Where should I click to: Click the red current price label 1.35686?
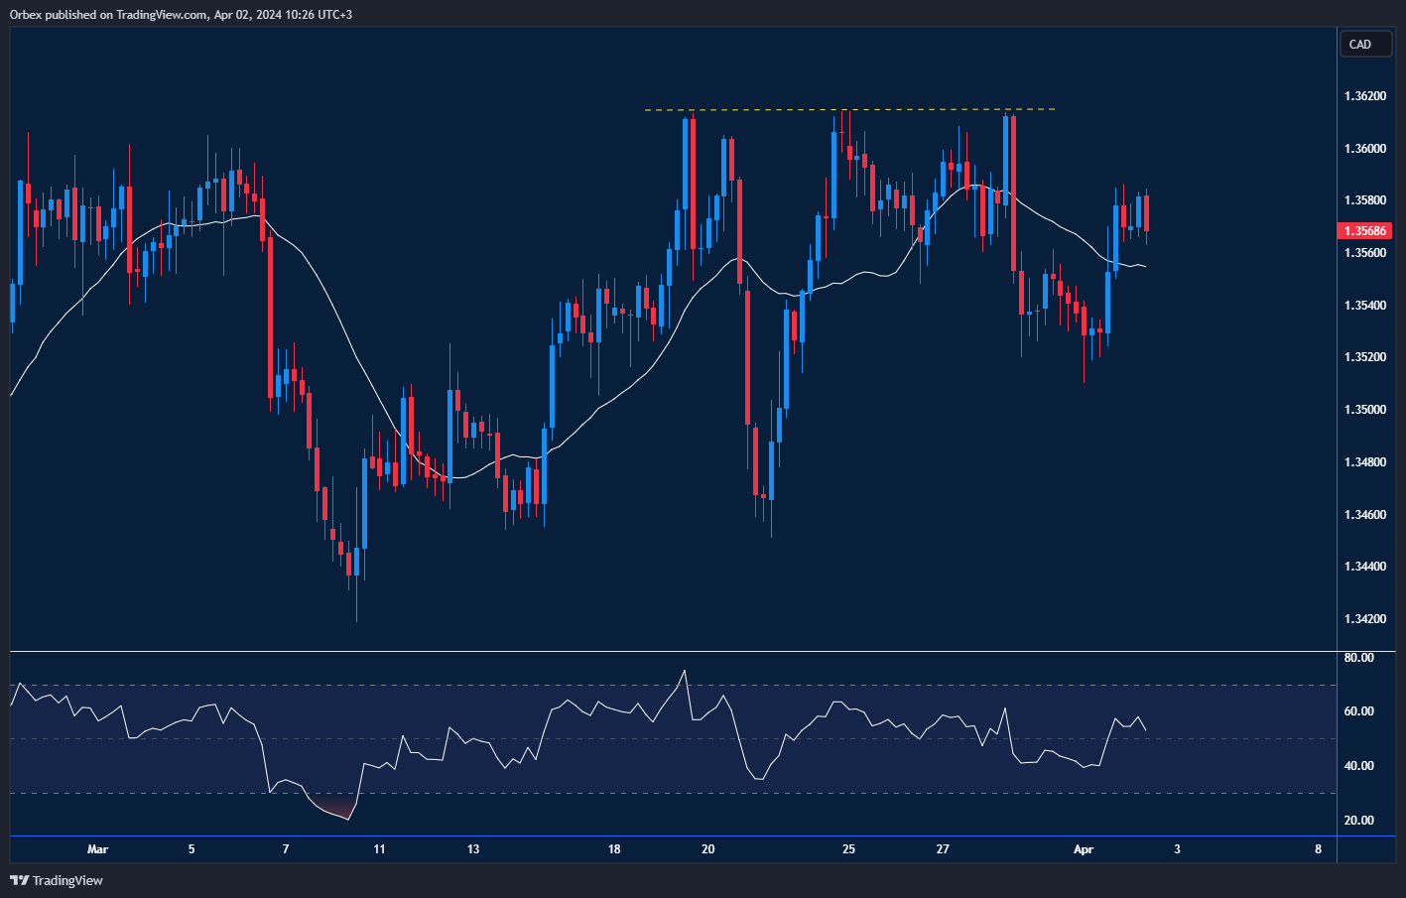coord(1366,231)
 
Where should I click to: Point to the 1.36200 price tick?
coord(1365,96)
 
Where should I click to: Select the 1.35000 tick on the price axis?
coord(1365,410)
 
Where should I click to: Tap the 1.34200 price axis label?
coord(1365,619)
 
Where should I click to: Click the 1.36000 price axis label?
coord(1365,149)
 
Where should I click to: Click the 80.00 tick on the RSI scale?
coord(1358,658)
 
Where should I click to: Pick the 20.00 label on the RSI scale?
coord(1358,821)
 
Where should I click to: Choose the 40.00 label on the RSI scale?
coord(1358,766)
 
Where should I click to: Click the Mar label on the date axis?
coord(97,849)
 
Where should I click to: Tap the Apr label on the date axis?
coord(1084,849)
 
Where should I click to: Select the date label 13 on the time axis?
coord(473,849)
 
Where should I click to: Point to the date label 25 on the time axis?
coord(848,849)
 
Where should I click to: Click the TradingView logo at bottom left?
coord(57,880)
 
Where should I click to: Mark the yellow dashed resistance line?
coord(849,109)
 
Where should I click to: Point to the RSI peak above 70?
coord(684,674)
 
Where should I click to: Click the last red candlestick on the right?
coord(1146,212)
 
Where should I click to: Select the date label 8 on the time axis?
coord(1318,849)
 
